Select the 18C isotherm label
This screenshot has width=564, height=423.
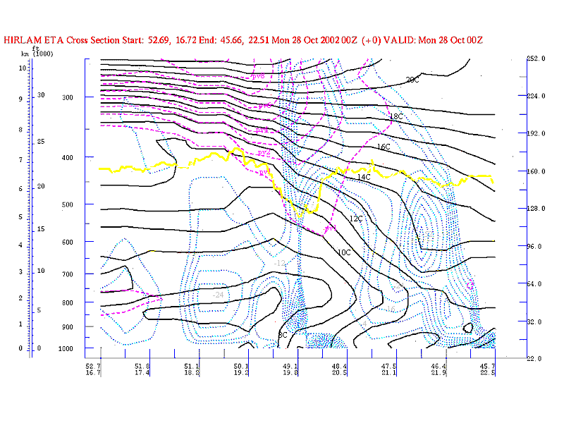(396, 116)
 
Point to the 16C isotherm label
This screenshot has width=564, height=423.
(384, 147)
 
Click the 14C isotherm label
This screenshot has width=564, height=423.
(363, 177)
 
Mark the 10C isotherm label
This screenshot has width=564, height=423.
(344, 252)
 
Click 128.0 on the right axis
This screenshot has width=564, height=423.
(537, 209)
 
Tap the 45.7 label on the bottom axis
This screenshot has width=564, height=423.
(488, 366)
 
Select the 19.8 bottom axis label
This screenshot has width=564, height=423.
(290, 373)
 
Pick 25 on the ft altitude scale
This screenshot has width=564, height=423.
(41, 142)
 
